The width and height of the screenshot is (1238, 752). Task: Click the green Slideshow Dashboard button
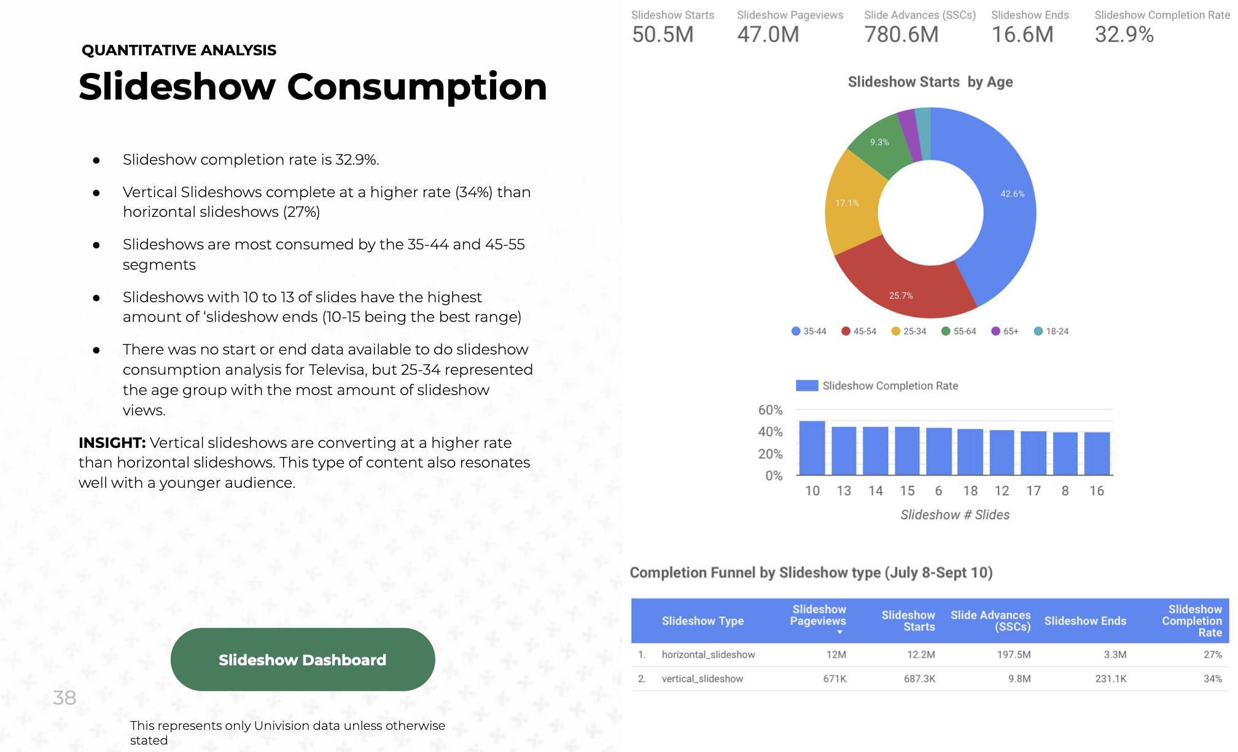coord(302,659)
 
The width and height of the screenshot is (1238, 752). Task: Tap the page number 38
coord(64,697)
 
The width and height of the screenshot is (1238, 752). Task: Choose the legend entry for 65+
coord(1005,331)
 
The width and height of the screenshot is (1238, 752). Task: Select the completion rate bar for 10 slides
coord(812,448)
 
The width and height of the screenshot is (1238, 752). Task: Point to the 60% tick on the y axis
coord(770,410)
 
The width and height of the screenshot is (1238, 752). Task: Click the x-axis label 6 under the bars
coord(938,491)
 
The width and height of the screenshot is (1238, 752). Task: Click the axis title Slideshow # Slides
coord(954,515)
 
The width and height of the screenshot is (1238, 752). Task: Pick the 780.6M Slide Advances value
coord(901,34)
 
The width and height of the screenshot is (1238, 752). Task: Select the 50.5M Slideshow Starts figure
coord(663,34)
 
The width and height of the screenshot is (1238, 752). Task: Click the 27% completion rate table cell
coord(1212,655)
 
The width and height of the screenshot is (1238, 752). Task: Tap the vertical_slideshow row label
coord(702,679)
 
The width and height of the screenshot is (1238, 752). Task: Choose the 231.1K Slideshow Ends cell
coord(1110,679)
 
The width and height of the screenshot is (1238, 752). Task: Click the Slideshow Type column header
coord(703,621)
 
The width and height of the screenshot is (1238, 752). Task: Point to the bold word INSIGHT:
coord(112,442)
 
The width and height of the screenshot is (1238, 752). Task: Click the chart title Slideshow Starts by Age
coord(930,82)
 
